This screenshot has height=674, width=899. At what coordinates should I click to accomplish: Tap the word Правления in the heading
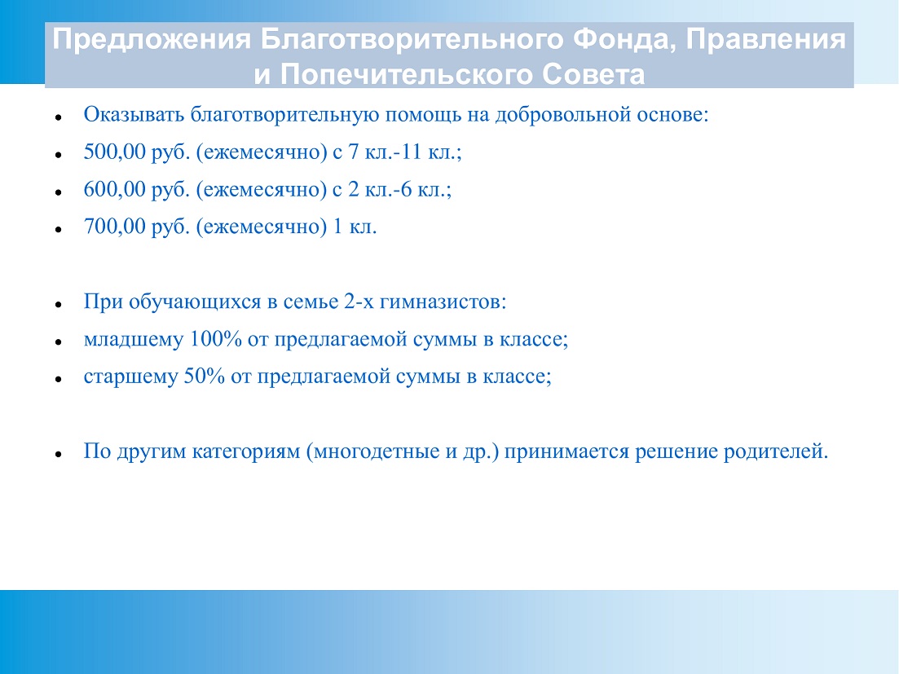coord(766,40)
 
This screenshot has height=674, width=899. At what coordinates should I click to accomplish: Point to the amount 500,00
coord(115,152)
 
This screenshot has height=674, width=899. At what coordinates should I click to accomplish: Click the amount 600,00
coord(115,190)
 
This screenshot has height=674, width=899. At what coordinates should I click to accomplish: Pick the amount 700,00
coord(115,227)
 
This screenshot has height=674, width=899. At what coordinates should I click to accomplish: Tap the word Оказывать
coord(134,115)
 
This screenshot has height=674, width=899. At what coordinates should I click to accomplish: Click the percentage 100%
coord(215,339)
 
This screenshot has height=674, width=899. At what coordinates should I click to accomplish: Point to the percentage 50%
coord(204,377)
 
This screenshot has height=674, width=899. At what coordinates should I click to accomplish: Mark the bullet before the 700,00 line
coord(59,229)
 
